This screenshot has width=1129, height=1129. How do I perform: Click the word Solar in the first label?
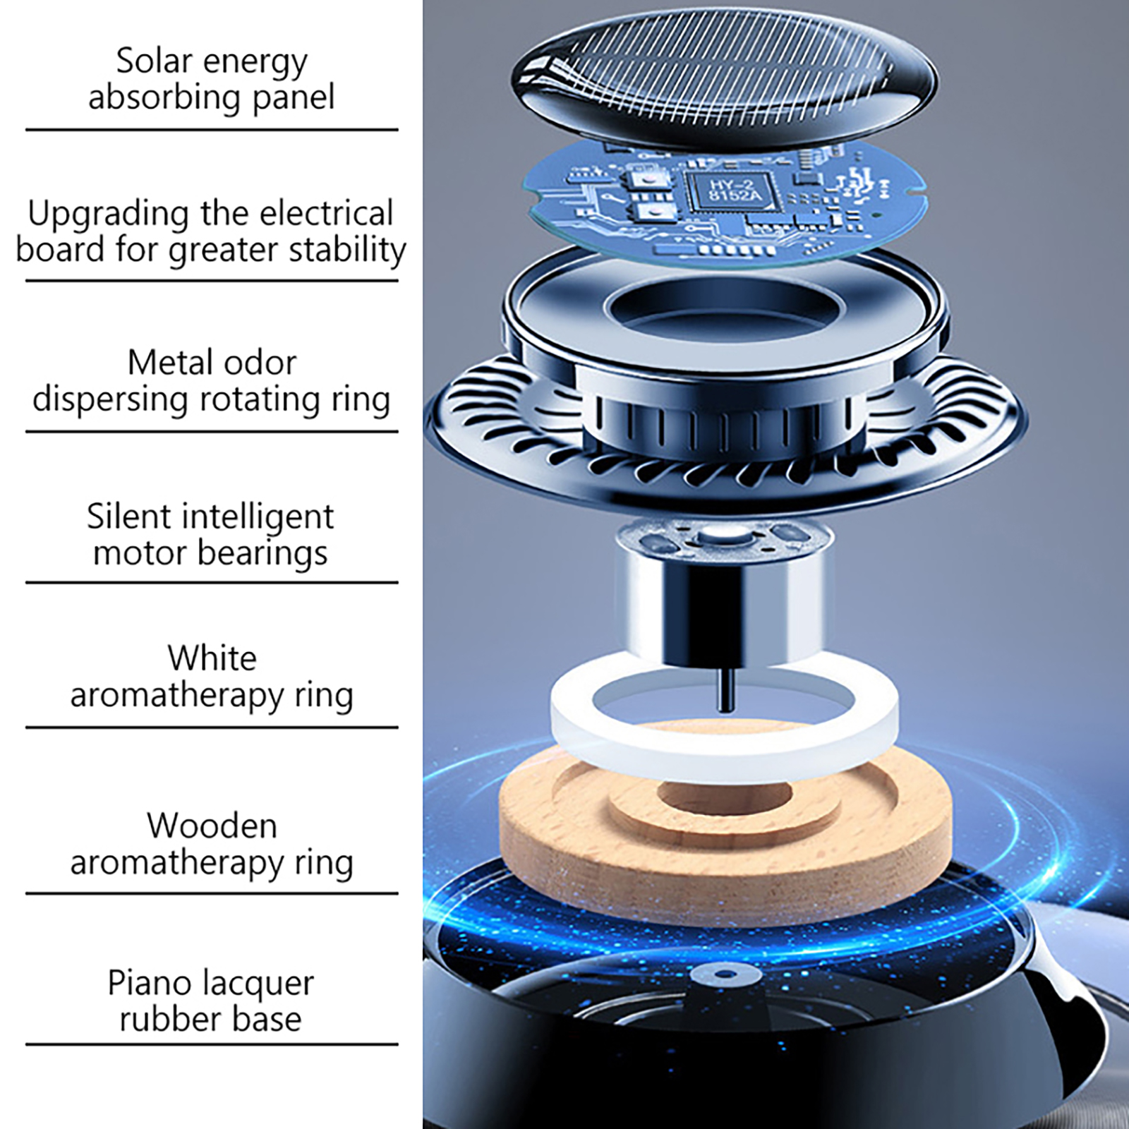[155, 61]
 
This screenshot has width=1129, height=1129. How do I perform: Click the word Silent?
[128, 517]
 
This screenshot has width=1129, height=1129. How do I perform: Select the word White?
[212, 658]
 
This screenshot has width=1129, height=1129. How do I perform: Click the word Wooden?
[212, 826]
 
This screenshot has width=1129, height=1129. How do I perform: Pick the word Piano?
[147, 982]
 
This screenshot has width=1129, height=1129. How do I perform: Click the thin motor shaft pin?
[725, 688]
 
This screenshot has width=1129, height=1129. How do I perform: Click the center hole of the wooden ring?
[725, 796]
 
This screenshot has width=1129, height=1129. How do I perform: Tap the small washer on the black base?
[725, 976]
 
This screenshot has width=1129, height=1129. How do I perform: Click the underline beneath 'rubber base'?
[212, 1044]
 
